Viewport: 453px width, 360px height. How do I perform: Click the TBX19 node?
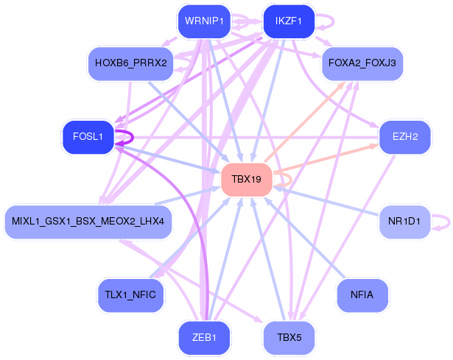(247, 180)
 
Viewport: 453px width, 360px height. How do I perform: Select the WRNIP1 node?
(204, 21)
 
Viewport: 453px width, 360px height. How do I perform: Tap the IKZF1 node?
(289, 21)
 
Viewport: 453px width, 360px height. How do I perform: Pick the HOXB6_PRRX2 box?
(131, 63)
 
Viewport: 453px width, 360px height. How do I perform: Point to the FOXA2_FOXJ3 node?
(362, 63)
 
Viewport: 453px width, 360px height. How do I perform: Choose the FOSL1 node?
(88, 136)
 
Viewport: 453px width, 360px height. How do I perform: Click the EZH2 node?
(404, 136)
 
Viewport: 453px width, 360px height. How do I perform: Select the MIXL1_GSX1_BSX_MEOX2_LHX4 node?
(88, 221)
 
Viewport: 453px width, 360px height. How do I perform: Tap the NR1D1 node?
(404, 221)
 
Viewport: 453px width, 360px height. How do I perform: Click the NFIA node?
(362, 294)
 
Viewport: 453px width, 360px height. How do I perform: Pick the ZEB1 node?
(204, 338)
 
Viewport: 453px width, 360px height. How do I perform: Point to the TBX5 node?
(289, 338)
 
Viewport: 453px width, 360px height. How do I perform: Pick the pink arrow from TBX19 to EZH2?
(324, 159)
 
